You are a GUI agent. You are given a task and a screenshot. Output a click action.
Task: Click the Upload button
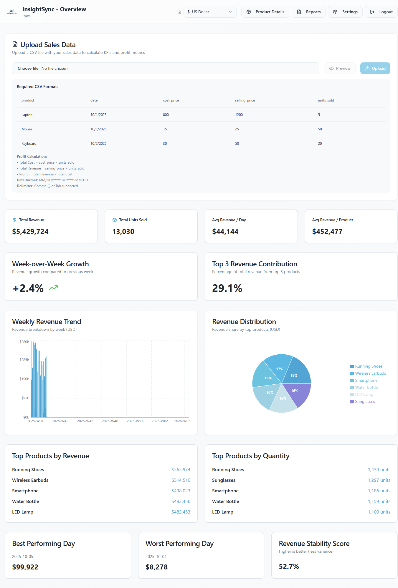pyautogui.click(x=375, y=68)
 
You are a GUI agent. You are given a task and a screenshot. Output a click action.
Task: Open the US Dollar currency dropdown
pyautogui.click(x=210, y=12)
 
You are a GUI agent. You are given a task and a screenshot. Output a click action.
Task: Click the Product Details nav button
pyautogui.click(x=265, y=12)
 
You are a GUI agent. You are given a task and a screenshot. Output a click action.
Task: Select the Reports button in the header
pyautogui.click(x=308, y=12)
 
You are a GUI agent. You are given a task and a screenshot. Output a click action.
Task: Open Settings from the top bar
pyautogui.click(x=345, y=12)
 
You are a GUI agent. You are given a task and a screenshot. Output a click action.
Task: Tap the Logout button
pyautogui.click(x=381, y=12)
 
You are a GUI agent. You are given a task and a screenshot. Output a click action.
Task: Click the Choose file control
pyautogui.click(x=28, y=68)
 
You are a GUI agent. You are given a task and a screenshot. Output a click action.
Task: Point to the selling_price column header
pyautogui.click(x=245, y=100)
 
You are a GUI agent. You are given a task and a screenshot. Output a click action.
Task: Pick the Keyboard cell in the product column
pyautogui.click(x=29, y=144)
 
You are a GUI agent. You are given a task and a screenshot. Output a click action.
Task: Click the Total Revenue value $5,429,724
pyautogui.click(x=30, y=232)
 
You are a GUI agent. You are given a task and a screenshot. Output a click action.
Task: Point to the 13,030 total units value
pyautogui.click(x=123, y=232)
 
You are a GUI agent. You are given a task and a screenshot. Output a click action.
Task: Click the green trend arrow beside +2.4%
pyautogui.click(x=53, y=288)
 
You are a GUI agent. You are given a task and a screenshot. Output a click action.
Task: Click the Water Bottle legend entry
pyautogui.click(x=366, y=388)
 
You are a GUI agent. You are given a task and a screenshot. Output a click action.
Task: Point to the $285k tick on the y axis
pyautogui.click(x=24, y=360)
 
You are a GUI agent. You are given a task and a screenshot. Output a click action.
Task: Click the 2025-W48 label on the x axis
pyautogui.click(x=110, y=421)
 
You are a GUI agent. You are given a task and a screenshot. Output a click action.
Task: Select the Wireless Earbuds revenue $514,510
pyautogui.click(x=181, y=480)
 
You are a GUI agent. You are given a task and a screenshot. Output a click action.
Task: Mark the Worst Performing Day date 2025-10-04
pyautogui.click(x=156, y=557)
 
